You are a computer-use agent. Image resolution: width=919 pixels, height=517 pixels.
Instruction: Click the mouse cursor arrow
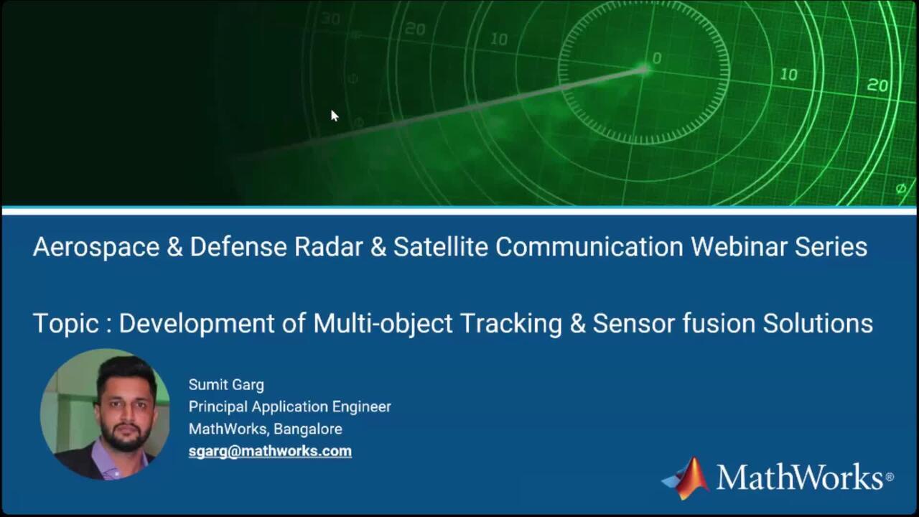coord(335,116)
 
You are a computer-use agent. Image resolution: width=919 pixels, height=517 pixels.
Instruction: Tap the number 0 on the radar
coord(657,58)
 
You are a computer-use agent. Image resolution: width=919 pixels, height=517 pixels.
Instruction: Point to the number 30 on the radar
coord(330,19)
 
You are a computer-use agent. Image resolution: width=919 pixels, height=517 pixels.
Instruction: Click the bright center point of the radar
coord(645,69)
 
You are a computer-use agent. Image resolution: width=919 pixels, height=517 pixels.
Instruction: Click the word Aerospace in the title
coord(96,248)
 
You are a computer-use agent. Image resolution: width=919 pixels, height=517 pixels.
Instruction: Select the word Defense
coord(238,247)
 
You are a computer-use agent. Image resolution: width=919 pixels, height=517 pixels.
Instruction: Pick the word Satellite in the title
coord(441,247)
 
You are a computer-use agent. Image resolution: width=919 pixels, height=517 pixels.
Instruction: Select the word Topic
coord(65,324)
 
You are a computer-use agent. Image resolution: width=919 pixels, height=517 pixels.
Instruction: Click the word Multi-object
coord(383,324)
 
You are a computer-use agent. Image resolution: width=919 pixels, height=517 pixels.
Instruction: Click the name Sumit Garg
coord(226,385)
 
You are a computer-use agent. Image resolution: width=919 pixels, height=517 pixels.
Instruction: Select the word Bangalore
coord(308,429)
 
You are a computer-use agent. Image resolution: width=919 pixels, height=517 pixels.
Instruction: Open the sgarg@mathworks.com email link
coord(270,452)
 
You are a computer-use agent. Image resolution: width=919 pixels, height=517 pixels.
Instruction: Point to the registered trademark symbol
coord(890,477)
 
